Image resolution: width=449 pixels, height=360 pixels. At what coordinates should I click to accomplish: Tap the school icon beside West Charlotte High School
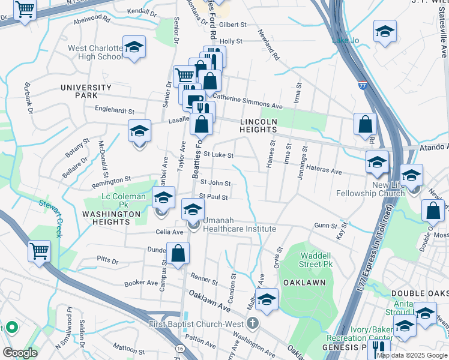point(134,47)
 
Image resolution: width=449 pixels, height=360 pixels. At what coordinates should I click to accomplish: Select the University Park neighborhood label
point(86,91)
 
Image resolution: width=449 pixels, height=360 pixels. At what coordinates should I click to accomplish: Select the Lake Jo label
point(345,41)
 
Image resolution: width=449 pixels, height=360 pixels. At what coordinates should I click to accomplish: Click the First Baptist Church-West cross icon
point(253,324)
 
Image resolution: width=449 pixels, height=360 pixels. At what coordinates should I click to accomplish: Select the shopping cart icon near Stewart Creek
point(39,251)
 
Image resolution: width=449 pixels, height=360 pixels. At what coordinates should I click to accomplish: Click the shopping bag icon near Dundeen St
point(178,253)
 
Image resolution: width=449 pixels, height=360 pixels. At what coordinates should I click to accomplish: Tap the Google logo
point(19,353)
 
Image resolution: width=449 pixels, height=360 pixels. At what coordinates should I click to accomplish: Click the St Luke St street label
point(218,155)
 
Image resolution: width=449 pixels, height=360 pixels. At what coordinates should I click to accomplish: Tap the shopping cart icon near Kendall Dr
point(25,9)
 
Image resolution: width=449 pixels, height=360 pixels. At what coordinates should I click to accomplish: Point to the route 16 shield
point(179,348)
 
